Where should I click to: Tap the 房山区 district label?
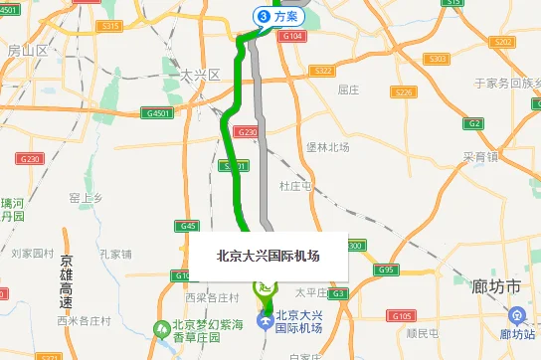point(26,49)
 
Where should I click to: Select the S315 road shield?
point(111,26)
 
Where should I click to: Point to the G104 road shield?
point(291,36)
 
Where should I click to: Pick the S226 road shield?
point(403,92)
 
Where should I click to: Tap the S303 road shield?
point(437,60)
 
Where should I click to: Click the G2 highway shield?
point(474,123)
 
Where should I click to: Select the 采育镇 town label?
point(480,157)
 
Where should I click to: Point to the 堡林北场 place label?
point(328,147)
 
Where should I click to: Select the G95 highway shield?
point(386,270)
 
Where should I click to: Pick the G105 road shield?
point(402,316)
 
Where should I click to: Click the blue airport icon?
point(265,321)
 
